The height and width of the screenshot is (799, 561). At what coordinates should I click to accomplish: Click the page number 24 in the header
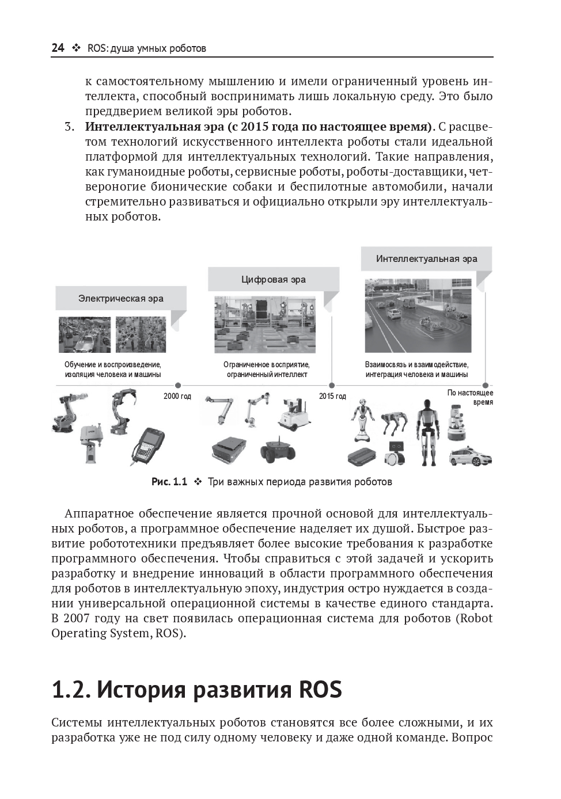[58, 48]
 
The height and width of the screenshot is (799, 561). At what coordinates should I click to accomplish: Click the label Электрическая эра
[121, 298]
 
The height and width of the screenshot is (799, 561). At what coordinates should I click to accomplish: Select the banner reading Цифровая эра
[273, 280]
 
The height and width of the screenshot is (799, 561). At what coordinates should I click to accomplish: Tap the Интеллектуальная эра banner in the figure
[426, 258]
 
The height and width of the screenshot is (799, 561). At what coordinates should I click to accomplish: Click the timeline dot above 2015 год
[331, 386]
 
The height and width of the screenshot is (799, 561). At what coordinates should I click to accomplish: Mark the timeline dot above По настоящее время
[484, 386]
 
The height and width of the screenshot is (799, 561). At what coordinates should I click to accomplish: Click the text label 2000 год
[177, 396]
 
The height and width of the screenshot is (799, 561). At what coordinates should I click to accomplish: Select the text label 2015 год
[332, 396]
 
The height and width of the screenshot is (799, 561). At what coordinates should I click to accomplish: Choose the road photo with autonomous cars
[418, 317]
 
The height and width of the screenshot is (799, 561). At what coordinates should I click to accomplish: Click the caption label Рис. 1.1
[169, 482]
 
